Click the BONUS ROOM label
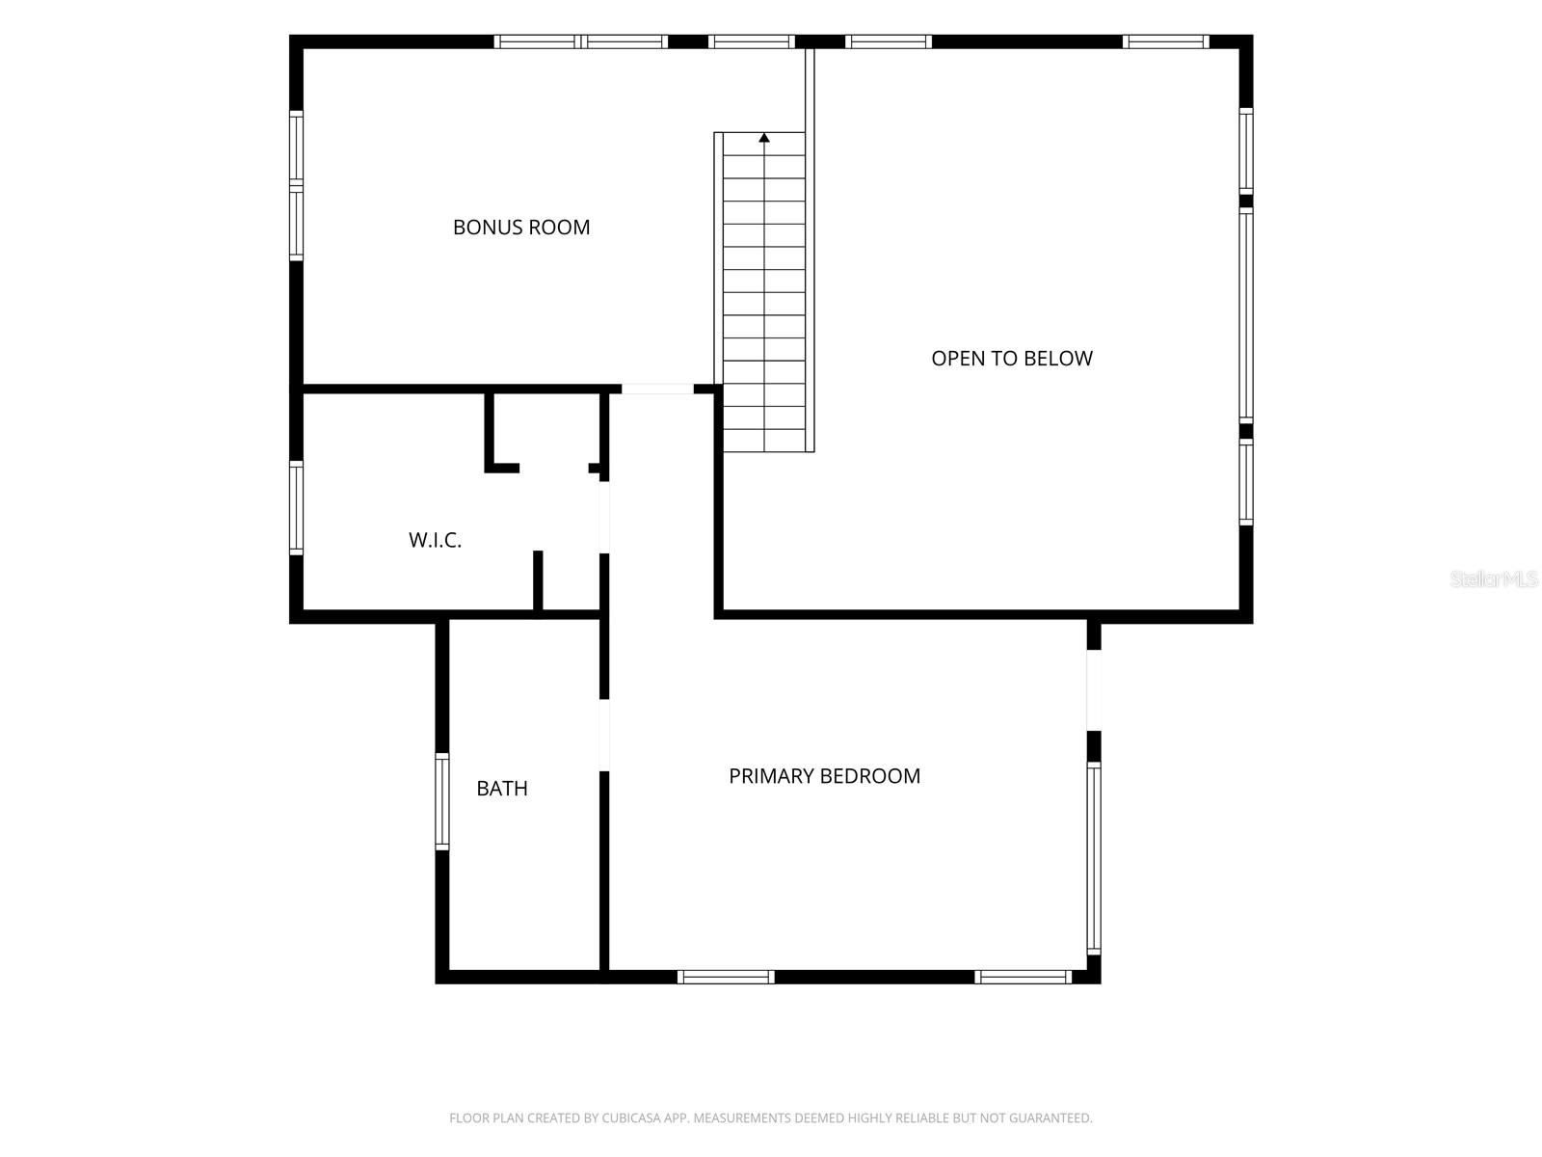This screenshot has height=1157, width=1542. (521, 227)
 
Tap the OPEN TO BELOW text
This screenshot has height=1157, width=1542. (1012, 359)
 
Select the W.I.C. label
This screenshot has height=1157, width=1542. (435, 540)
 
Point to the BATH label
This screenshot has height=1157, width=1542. (501, 788)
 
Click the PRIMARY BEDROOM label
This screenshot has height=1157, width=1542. (824, 775)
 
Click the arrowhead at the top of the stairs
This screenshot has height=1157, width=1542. (764, 138)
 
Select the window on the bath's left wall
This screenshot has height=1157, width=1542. (441, 801)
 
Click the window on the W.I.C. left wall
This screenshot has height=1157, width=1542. (297, 508)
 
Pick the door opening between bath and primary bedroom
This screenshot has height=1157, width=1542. (604, 735)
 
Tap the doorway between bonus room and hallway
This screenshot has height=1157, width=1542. (657, 390)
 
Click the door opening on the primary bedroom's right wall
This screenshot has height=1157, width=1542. (1094, 689)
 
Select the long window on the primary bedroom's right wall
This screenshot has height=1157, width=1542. (1094, 858)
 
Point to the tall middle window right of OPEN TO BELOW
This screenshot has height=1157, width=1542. (1245, 315)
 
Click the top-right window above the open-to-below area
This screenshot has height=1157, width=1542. (1165, 41)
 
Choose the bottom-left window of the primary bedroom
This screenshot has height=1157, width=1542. (726, 977)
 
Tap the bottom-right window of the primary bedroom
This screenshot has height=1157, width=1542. (1023, 977)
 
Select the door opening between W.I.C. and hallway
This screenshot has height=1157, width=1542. (604, 517)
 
